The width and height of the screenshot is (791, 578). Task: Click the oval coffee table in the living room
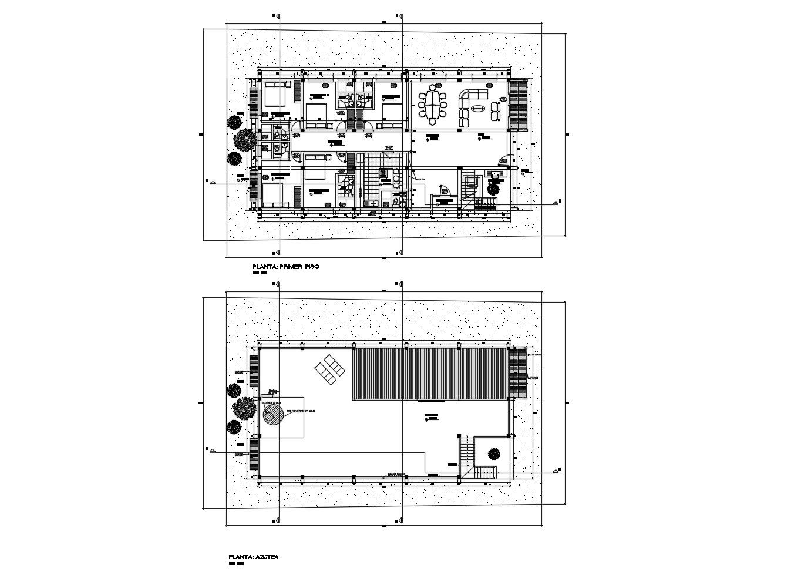point(478,107)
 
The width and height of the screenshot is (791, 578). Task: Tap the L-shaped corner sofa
point(466,103)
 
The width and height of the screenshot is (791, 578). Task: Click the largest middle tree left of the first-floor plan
point(244,140)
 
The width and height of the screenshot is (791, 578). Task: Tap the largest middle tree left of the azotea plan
point(243,407)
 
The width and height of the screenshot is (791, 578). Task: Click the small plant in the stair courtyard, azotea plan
point(493,453)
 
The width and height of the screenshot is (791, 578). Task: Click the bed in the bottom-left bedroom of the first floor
point(272,194)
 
